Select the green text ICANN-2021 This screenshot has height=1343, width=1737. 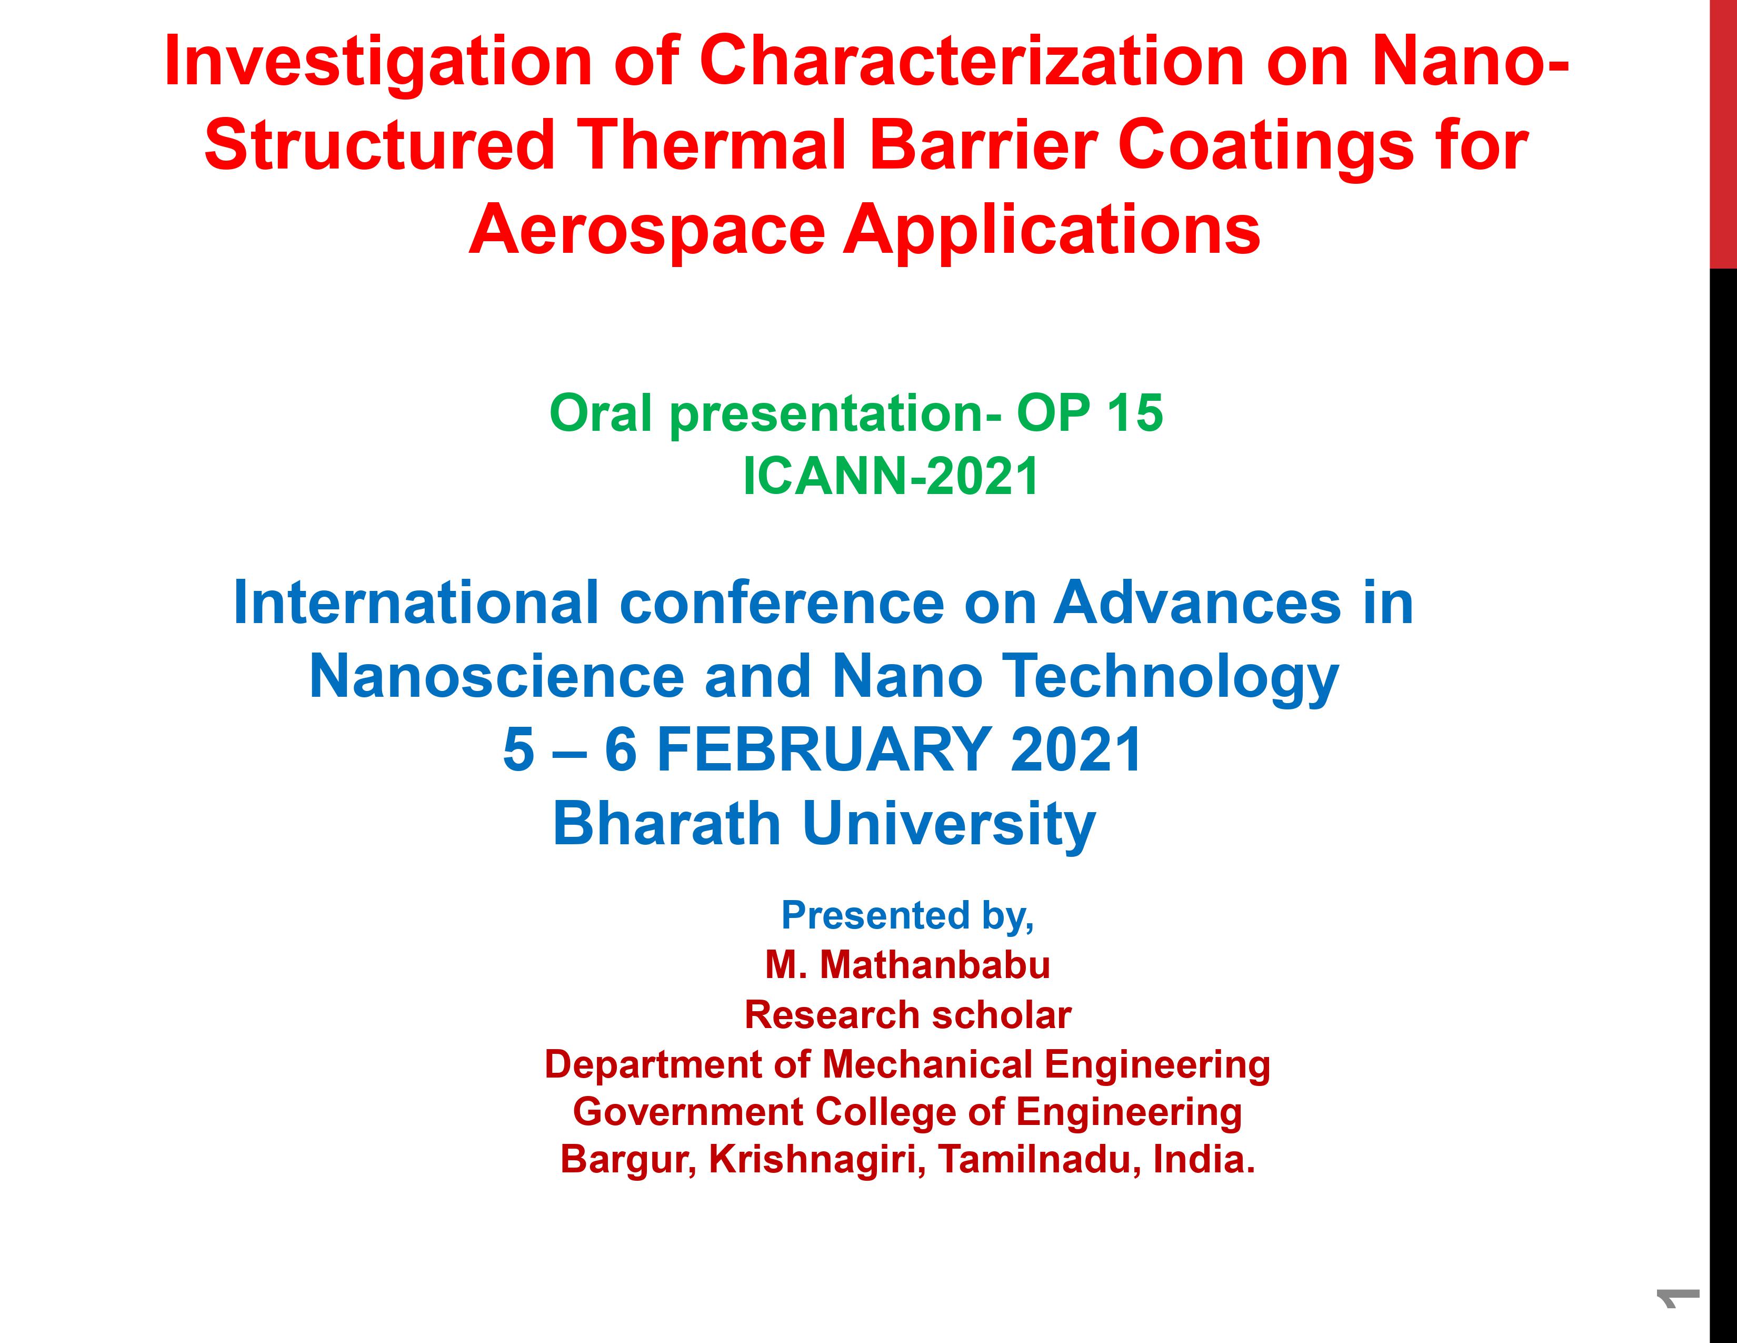pos(891,477)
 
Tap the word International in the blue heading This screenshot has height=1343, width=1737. pos(416,603)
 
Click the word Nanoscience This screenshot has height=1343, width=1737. pos(497,676)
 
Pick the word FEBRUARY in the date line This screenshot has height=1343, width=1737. pos(823,749)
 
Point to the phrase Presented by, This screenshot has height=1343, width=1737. pos(907,916)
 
